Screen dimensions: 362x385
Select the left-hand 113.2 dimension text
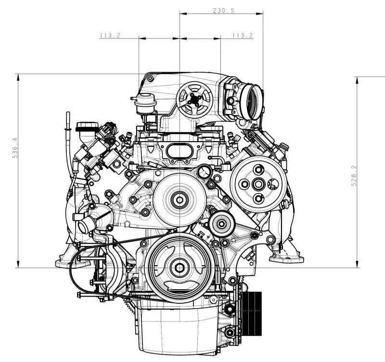pyautogui.click(x=109, y=35)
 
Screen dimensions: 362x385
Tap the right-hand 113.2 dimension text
pyautogui.click(x=242, y=35)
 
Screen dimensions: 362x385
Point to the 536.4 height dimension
pyautogui.click(x=14, y=148)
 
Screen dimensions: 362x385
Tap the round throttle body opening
pyautogui.click(x=253, y=102)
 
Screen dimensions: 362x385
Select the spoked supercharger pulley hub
pyautogui.click(x=194, y=99)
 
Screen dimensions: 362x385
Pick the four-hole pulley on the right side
pyautogui.click(x=258, y=183)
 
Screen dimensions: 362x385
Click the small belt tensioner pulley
pyautogui.click(x=221, y=223)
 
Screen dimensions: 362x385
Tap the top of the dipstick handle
pyautogui.click(x=69, y=115)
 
